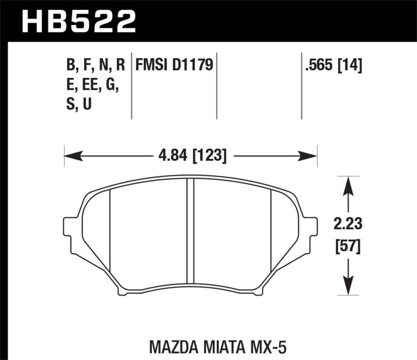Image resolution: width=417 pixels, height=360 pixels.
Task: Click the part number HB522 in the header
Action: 78,20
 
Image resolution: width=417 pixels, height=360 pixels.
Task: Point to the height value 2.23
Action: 348,225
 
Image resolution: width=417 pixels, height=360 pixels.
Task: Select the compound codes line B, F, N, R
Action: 95,65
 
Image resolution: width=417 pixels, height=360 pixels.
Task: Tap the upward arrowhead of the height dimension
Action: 348,182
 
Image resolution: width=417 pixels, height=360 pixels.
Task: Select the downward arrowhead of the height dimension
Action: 348,290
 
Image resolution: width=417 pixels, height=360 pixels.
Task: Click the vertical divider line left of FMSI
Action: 131,86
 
